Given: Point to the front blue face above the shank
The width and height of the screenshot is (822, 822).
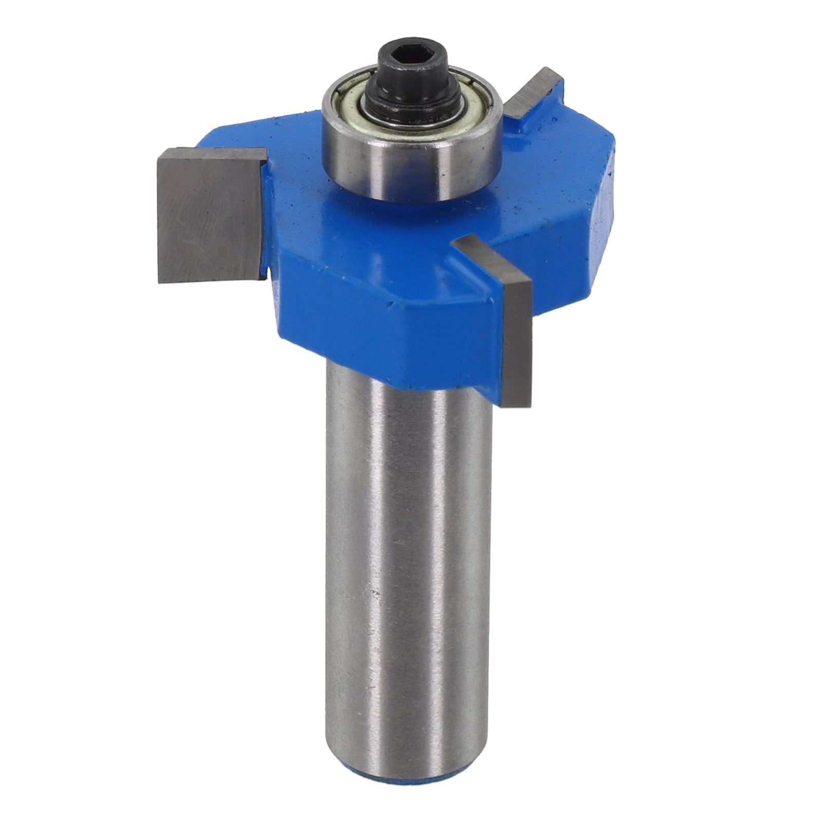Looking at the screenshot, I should click(390, 324).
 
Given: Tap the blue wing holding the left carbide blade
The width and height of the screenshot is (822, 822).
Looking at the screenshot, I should click(272, 216).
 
